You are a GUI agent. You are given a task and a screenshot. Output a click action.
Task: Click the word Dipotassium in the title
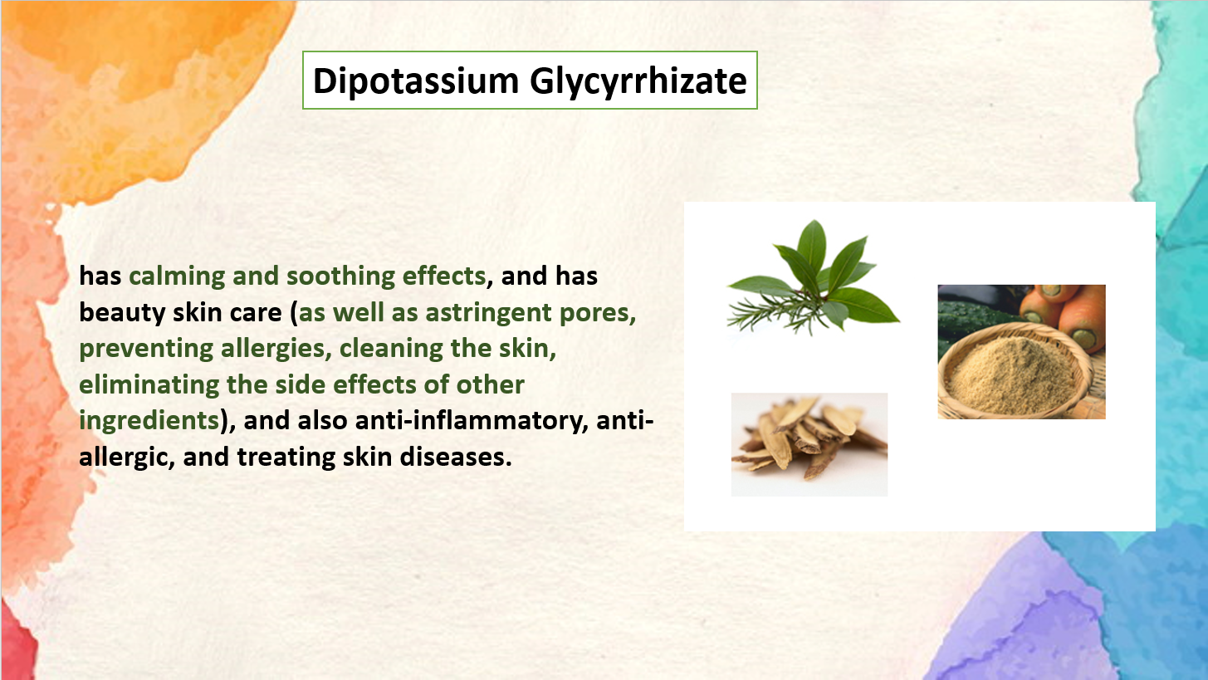click(416, 81)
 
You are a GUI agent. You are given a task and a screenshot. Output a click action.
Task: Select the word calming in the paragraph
click(177, 276)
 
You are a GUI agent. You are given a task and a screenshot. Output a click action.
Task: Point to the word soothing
click(340, 276)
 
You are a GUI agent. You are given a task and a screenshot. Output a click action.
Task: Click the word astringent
click(488, 313)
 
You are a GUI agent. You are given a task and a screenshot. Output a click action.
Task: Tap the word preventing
click(146, 350)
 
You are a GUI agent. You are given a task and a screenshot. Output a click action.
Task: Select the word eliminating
click(149, 385)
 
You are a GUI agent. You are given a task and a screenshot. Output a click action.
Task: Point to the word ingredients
click(149, 422)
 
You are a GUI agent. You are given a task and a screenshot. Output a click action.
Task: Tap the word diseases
click(455, 457)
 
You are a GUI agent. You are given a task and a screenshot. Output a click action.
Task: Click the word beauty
click(122, 313)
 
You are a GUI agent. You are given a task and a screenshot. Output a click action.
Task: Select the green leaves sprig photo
click(814, 279)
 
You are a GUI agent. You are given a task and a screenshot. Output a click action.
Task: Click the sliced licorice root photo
click(809, 444)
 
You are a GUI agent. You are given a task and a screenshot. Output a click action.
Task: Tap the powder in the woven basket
click(1010, 372)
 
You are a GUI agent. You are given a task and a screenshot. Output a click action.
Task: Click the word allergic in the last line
click(123, 457)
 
